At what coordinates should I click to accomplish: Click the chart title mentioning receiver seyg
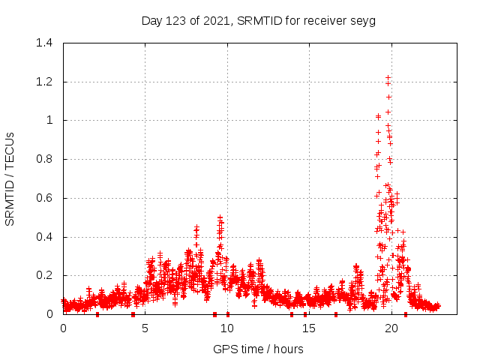tap(259, 20)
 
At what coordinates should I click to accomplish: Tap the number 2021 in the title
tap(217, 20)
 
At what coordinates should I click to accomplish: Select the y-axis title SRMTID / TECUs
tap(10, 178)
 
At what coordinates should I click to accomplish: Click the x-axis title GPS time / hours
tap(259, 349)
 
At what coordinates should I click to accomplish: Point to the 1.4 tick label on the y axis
tap(46, 43)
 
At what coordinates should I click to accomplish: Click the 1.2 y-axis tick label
tap(46, 82)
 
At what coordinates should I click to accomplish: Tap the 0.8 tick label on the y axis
tap(46, 159)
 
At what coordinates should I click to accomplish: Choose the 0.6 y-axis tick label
tap(46, 198)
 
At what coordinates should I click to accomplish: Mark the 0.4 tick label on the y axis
tap(46, 237)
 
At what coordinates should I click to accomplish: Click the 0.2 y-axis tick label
tap(46, 276)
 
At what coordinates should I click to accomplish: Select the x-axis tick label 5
tap(145, 328)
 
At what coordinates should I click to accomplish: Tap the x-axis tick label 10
tap(227, 328)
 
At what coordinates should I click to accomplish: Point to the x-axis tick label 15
tap(309, 328)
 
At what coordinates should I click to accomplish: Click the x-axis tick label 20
tap(391, 328)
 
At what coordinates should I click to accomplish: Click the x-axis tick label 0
tap(63, 328)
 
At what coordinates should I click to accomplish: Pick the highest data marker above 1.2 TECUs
tap(388, 77)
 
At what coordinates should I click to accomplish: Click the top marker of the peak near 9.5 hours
tap(220, 217)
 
